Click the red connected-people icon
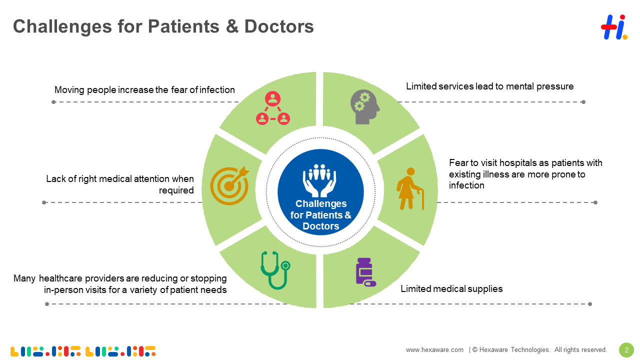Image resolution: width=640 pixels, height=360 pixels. coord(272,108)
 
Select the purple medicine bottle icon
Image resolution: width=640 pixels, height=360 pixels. coord(365,272)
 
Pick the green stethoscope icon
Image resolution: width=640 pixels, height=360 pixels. coord(274,270)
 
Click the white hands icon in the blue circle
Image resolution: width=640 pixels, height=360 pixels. coord(319,180)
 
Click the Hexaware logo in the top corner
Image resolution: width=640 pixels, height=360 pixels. coord(613,27)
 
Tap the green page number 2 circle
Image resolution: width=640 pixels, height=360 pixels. coord(626,349)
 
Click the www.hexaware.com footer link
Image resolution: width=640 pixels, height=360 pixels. coord(434,350)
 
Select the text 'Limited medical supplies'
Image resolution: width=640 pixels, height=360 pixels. coord(451,289)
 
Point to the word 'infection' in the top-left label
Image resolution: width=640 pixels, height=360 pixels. coord(216,90)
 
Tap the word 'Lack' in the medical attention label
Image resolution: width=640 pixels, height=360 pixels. coord(55,179)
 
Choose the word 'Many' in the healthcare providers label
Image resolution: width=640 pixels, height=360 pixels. coord(25,278)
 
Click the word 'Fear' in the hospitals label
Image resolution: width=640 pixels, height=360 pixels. coord(458,163)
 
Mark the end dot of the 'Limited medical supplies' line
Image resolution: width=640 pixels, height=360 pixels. coord(590,304)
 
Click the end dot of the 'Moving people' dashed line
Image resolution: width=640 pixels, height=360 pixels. coord(53,102)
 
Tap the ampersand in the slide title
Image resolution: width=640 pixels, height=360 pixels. coord(232,26)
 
